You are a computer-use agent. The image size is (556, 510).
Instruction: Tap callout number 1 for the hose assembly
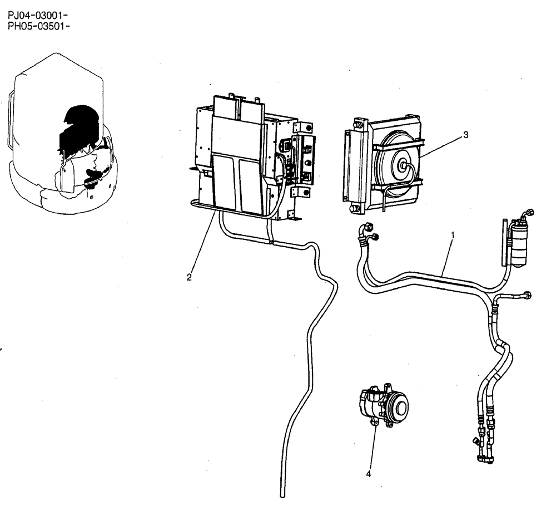453,235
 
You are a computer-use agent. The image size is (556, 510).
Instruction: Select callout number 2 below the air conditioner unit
190,277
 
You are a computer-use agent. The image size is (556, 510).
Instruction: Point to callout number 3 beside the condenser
465,134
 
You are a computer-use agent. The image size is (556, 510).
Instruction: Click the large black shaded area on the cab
81,124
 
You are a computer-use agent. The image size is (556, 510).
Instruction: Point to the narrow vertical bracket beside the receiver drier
505,243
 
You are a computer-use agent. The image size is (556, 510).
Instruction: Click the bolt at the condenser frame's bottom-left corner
353,209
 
